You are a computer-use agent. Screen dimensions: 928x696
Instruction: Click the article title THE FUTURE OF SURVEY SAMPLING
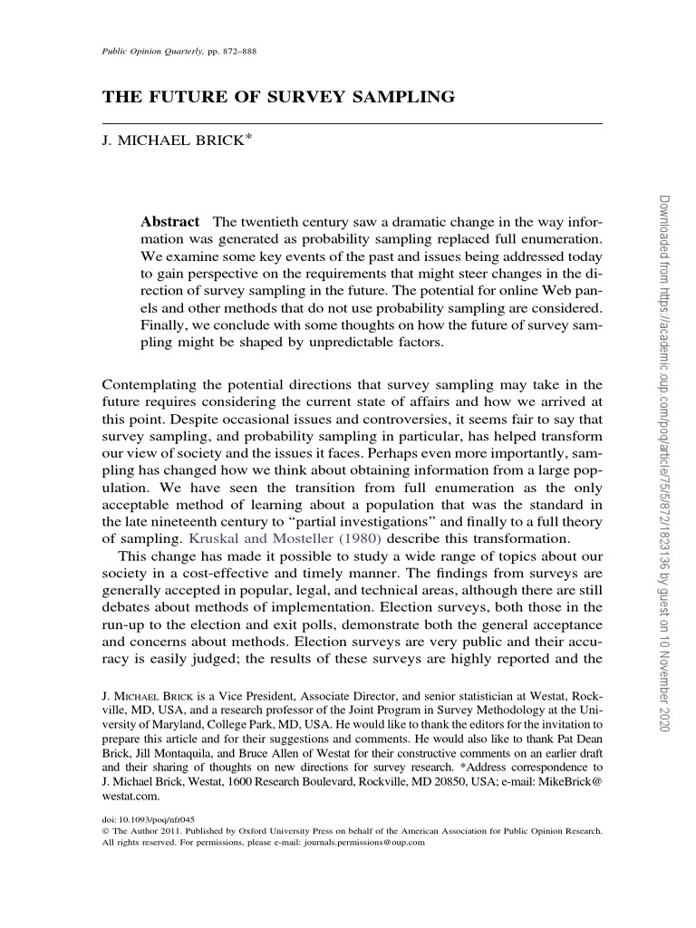point(278,95)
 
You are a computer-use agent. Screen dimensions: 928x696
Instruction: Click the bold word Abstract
point(169,222)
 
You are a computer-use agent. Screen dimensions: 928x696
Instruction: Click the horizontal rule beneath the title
point(352,121)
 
